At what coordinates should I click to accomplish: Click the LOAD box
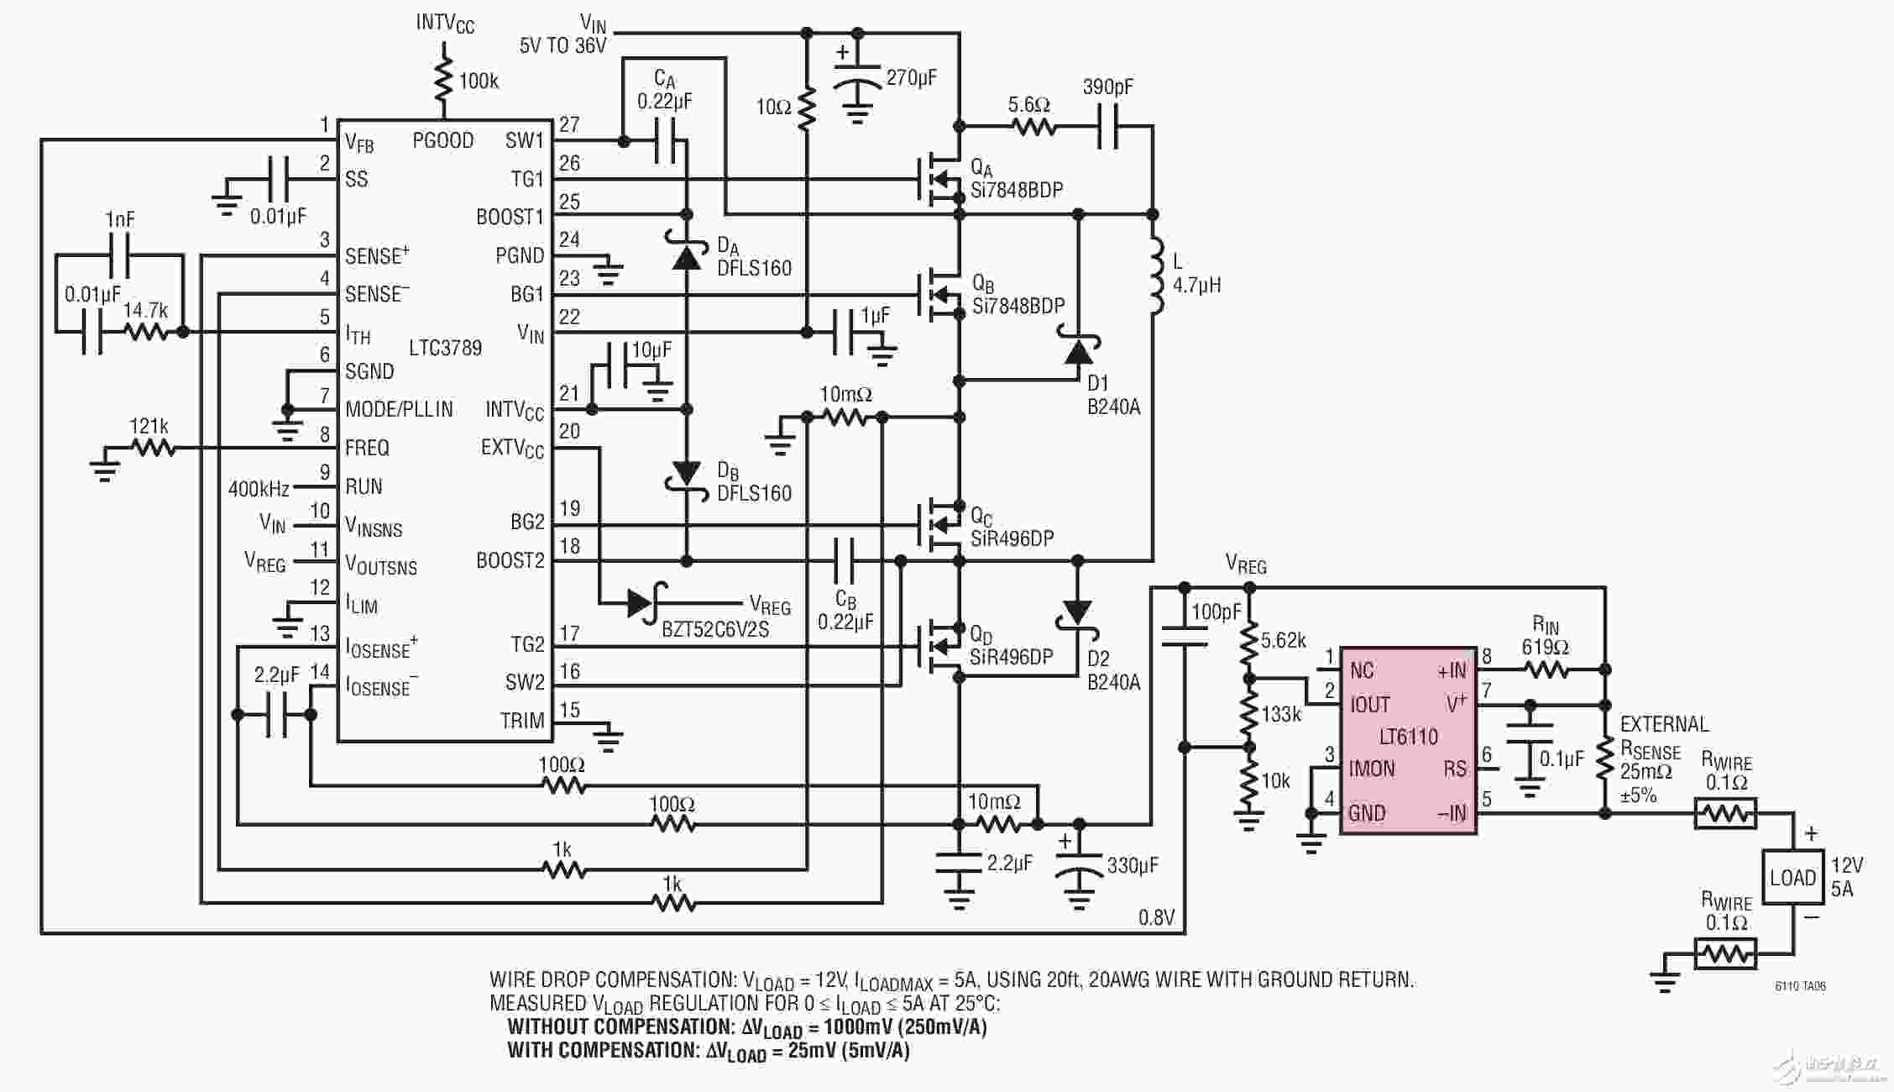click(1792, 877)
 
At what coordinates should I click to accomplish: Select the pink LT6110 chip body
click(1408, 740)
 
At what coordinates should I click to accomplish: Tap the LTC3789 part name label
click(445, 348)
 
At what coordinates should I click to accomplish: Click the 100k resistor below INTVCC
click(443, 79)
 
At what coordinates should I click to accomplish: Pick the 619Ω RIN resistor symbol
click(1546, 669)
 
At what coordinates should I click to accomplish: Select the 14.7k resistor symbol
click(146, 332)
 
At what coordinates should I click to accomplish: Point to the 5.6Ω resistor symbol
click(1033, 128)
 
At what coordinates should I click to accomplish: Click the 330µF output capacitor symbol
click(1079, 869)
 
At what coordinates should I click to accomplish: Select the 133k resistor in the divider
click(1249, 713)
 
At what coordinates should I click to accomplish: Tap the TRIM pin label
click(522, 721)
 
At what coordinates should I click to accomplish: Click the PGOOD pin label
click(443, 140)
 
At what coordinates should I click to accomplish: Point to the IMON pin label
click(1372, 769)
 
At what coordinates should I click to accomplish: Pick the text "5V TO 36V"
click(562, 45)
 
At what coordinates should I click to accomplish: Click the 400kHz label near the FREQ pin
click(259, 489)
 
